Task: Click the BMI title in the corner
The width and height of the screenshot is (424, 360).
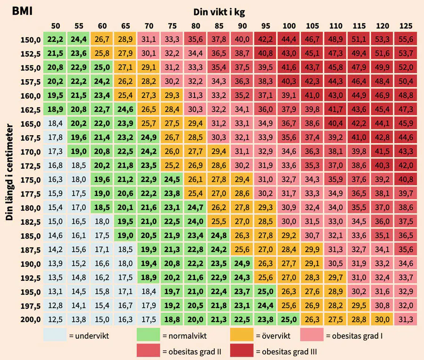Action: tap(22, 10)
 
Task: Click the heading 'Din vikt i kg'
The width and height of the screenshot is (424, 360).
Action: tap(219, 11)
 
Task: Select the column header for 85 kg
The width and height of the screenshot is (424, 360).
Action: tap(219, 26)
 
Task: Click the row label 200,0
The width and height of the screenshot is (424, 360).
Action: tap(30, 319)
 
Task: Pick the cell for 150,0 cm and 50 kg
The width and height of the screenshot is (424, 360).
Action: tap(56, 39)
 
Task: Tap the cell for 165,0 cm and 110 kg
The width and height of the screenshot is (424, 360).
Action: tap(335, 124)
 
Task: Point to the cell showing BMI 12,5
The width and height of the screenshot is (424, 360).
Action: tap(56, 319)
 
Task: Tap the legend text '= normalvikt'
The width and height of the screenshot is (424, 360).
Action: tap(181, 336)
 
